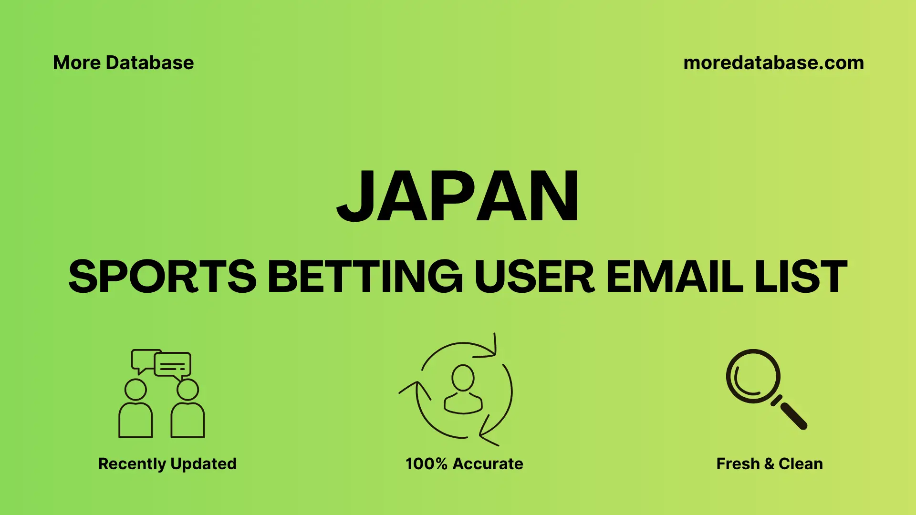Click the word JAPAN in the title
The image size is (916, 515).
click(458, 196)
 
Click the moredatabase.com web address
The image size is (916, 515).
click(773, 63)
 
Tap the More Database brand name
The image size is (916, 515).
click(123, 63)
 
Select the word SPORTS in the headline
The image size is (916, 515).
click(162, 277)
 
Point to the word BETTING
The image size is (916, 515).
click(365, 277)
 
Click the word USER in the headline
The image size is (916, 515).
click(534, 277)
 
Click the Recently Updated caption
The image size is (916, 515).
click(167, 463)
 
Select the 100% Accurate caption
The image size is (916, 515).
click(464, 463)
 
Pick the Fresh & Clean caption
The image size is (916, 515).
click(770, 463)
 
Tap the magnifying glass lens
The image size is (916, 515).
click(753, 376)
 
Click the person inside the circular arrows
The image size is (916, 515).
click(463, 390)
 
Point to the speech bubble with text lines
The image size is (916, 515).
click(173, 365)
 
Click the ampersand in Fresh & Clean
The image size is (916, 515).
click(769, 463)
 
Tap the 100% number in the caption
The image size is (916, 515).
click(426, 463)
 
